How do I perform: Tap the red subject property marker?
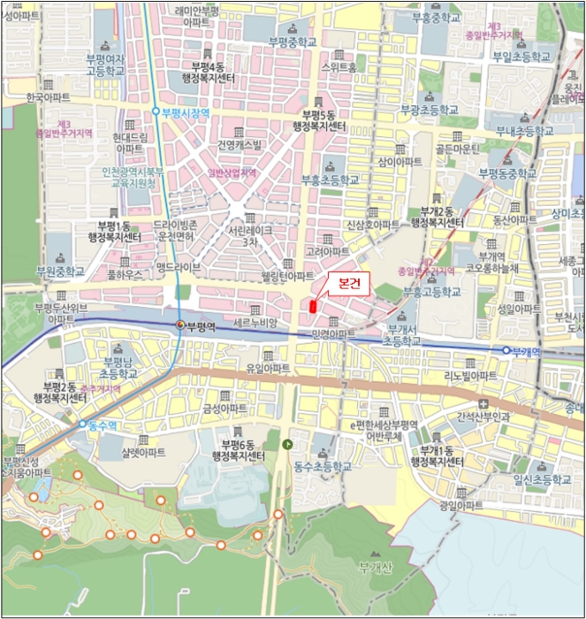tap(312, 306)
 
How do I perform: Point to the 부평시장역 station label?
tap(185, 112)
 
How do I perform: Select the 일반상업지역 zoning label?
tap(232, 174)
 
